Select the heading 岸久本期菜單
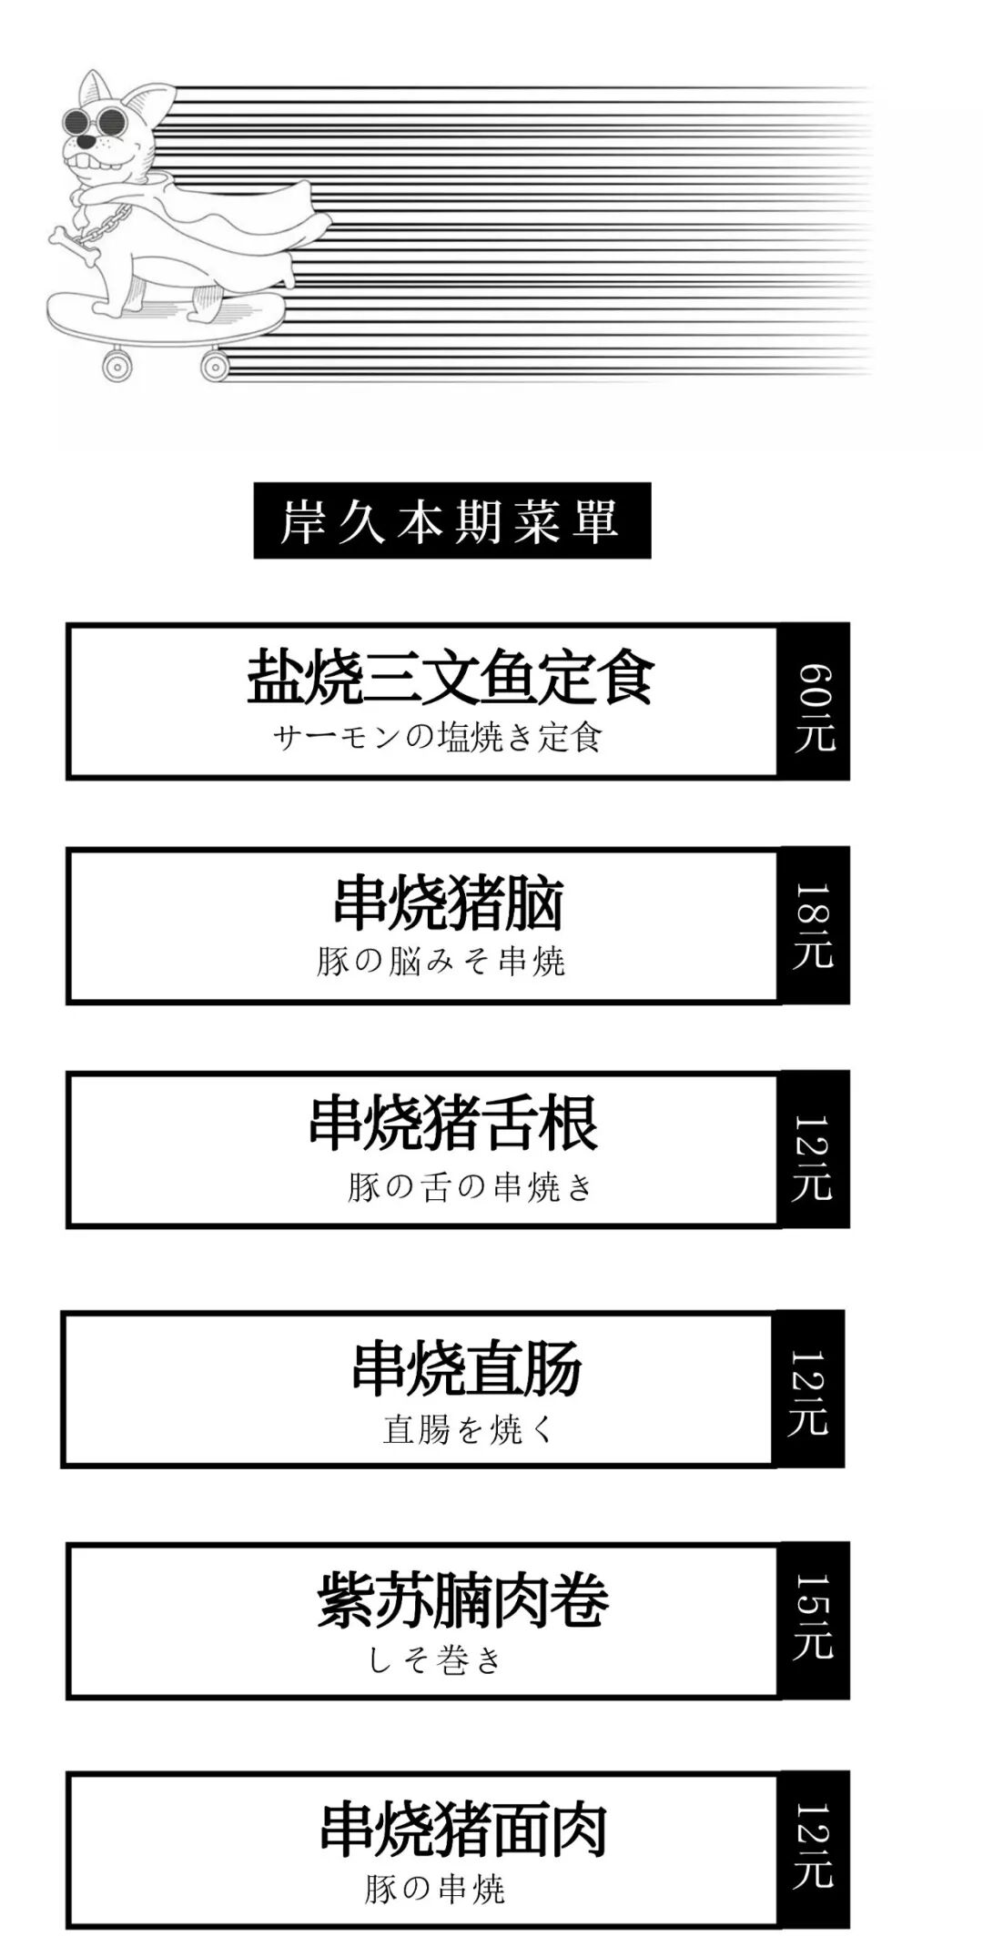pyautogui.click(x=451, y=520)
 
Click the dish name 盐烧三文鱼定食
pyautogui.click(x=451, y=677)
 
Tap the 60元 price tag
pyautogui.click(x=814, y=701)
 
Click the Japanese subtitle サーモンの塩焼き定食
pyautogui.click(x=438, y=737)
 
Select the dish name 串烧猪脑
pyautogui.click(x=449, y=903)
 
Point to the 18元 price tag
pyautogui.click(x=814, y=925)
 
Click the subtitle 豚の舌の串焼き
pyautogui.click(x=470, y=1186)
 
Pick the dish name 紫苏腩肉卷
pyautogui.click(x=462, y=1600)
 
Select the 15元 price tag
pyautogui.click(x=814, y=1620)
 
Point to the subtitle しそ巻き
pyautogui.click(x=435, y=1661)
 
